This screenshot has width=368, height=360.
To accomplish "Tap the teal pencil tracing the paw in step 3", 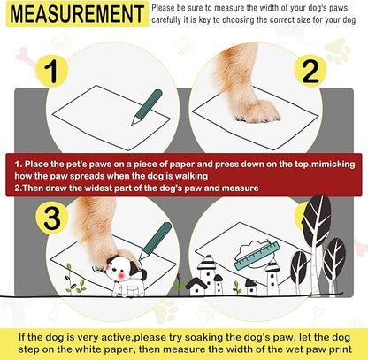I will point(156,241).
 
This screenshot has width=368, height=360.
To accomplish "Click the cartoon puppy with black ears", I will point(123,266).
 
